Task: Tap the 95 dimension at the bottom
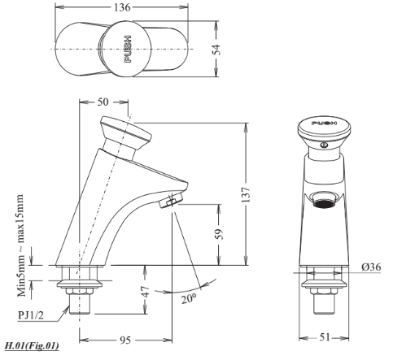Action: [125, 340]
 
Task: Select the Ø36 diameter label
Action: [369, 267]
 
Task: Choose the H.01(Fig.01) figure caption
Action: [30, 345]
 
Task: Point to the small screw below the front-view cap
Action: [324, 147]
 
